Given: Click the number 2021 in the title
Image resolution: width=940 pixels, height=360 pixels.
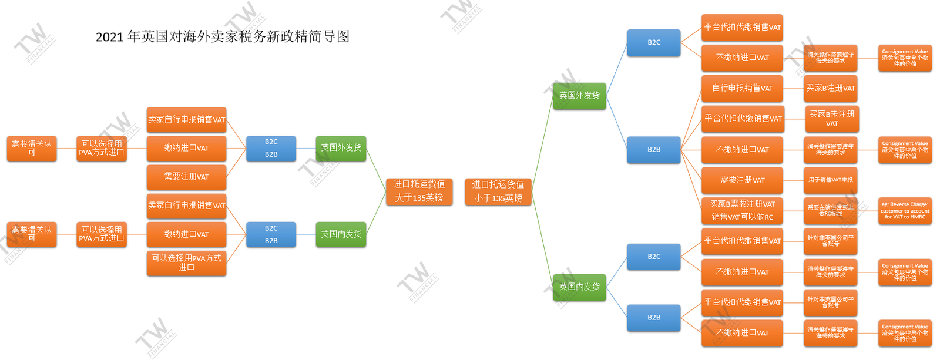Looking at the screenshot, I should [x=109, y=37].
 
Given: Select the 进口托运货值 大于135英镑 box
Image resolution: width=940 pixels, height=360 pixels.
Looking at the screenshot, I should [x=419, y=191].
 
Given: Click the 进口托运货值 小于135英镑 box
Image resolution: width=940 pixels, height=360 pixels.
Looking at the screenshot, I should [x=498, y=191].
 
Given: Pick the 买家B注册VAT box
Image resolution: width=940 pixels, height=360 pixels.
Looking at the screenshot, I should [x=831, y=88].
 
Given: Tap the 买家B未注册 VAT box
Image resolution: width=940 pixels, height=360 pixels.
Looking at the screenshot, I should [x=831, y=119].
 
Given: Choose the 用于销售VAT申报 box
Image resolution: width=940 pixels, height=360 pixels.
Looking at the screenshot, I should [x=830, y=180].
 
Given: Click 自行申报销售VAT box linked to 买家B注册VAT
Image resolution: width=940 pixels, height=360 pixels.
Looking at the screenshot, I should [x=742, y=88].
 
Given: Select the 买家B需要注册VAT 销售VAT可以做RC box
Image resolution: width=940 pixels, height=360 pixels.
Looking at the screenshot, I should [x=742, y=210].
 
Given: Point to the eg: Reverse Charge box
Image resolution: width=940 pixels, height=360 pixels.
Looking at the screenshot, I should [x=905, y=210].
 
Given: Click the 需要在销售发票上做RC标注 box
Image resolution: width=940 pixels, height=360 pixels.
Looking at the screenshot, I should [x=830, y=210].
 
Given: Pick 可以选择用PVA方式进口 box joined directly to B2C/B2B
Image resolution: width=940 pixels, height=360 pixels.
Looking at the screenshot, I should [x=186, y=263].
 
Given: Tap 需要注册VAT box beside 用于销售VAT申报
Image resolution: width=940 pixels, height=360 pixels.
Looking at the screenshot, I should [x=742, y=180].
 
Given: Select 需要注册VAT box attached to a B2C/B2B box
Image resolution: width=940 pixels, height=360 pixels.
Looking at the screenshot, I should [x=186, y=177].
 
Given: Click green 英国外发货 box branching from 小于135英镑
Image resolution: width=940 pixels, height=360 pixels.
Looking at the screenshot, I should [x=579, y=95].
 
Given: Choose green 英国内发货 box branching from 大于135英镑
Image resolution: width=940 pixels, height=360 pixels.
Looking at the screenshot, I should [x=341, y=234].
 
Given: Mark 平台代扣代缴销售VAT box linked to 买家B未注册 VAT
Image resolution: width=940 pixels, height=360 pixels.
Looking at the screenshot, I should [x=742, y=119].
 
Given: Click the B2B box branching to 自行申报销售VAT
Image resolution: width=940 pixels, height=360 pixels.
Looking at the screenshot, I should [x=653, y=149].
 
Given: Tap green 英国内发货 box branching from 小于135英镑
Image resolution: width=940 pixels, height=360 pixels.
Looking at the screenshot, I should [x=579, y=287].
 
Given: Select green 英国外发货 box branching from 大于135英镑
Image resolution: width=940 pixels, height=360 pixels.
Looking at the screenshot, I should [x=341, y=147].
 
